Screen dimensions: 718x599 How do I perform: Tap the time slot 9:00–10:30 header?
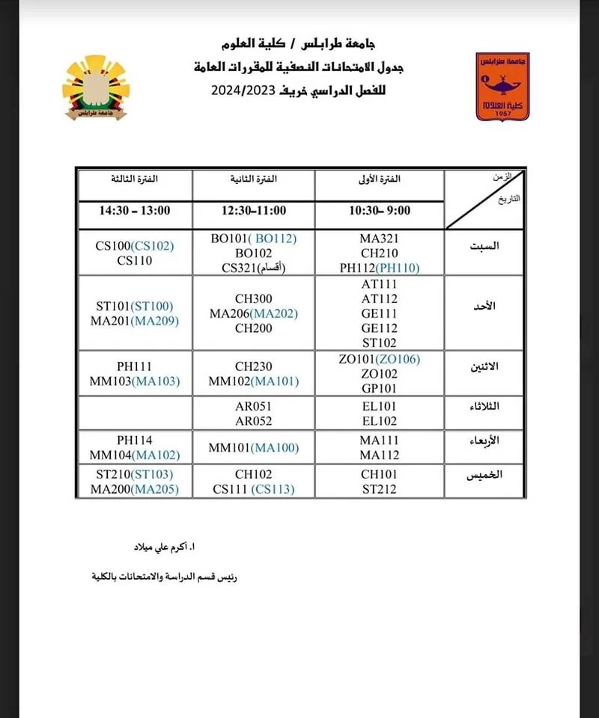point(380,211)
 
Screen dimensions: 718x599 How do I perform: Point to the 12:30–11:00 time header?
point(253,211)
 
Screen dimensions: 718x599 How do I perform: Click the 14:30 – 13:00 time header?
point(135,211)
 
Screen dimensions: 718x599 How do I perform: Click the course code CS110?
point(135,261)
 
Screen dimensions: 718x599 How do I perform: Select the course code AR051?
point(253,406)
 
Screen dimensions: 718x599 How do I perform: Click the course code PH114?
point(135,441)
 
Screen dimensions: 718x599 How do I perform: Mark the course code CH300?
point(253,299)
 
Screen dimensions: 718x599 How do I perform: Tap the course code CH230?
point(253,366)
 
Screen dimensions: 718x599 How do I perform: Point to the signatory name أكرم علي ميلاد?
point(162,548)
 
